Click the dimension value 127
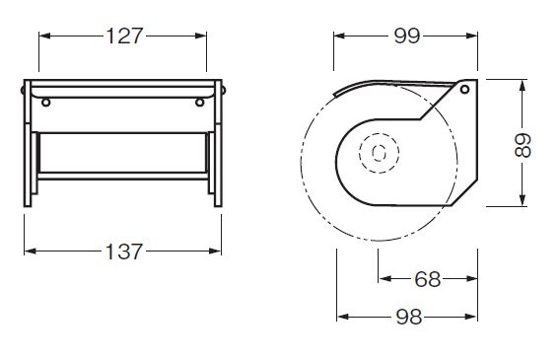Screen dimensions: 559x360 click(124, 36)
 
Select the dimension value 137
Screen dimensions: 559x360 click(123, 252)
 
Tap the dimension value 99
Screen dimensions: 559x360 click(407, 36)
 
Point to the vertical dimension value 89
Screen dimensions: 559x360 click(523, 145)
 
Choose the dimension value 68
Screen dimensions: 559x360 click(428, 279)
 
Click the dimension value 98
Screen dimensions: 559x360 click(409, 317)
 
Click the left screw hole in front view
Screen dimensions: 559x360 click(45, 103)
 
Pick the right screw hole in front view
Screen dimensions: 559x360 click(199, 103)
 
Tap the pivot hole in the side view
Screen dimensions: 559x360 click(464, 89)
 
